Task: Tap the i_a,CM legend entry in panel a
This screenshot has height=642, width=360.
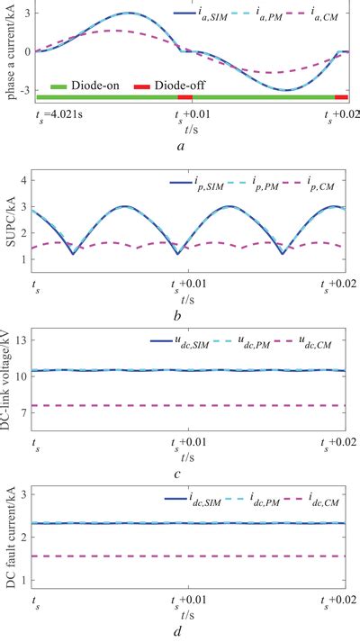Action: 315,15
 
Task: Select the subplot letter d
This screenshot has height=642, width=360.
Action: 184,632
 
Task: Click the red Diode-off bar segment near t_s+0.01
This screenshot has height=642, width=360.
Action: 184,96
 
